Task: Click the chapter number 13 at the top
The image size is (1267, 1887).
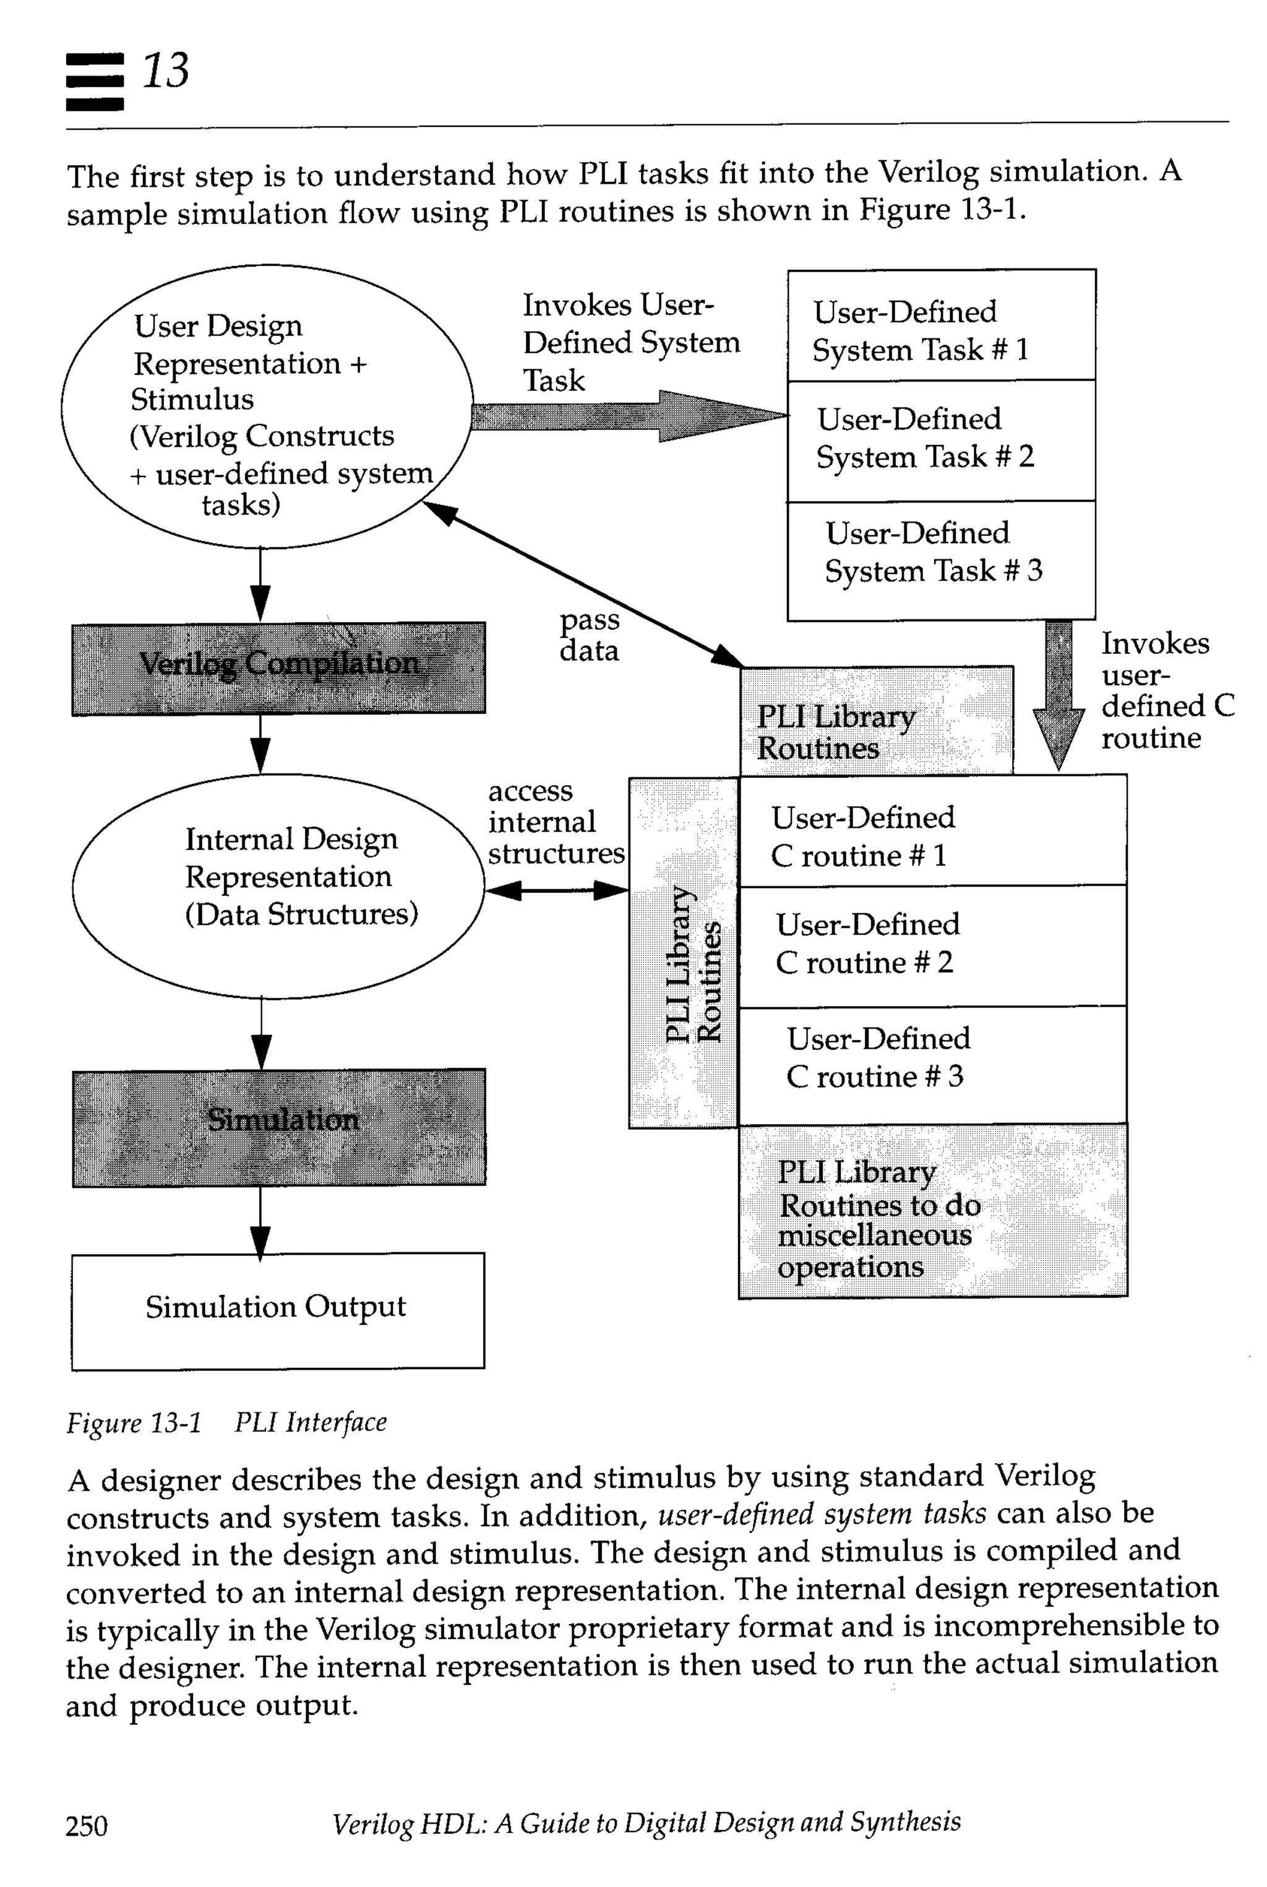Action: [x=166, y=71]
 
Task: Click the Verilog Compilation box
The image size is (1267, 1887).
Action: [x=279, y=668]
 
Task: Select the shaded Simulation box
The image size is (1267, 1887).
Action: [x=279, y=1127]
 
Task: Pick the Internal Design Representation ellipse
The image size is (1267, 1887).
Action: [x=279, y=886]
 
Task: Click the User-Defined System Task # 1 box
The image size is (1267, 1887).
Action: [x=942, y=325]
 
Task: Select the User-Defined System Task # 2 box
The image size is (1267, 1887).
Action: [x=942, y=441]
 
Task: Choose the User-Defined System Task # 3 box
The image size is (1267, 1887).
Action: [x=942, y=559]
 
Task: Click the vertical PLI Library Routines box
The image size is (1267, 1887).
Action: [x=684, y=953]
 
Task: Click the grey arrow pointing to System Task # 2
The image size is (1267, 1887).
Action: [x=630, y=416]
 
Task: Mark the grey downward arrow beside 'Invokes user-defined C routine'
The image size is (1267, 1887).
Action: [x=1059, y=695]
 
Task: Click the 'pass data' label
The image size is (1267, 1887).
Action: [x=589, y=635]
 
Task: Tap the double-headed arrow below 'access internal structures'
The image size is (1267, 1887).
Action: [x=557, y=890]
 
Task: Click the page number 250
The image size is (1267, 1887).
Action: [x=87, y=1825]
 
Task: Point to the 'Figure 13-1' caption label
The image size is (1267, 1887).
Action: [x=134, y=1422]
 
